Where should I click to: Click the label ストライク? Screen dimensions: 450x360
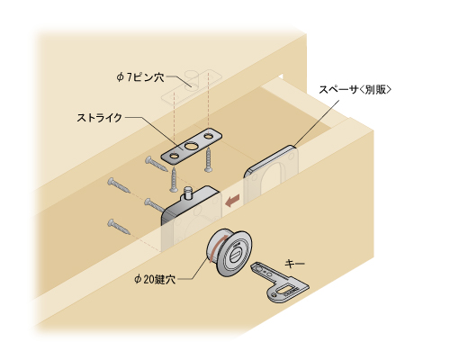(x=99, y=118)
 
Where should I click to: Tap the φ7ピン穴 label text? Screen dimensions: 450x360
(x=140, y=77)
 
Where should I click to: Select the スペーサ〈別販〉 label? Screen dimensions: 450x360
(x=355, y=89)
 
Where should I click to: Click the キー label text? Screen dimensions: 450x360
(x=294, y=264)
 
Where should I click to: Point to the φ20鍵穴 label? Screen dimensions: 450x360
(x=154, y=280)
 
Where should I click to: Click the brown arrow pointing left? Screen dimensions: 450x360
(x=233, y=201)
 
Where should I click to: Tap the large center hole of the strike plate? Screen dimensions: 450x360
(x=190, y=147)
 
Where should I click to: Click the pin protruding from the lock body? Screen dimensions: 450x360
(x=187, y=193)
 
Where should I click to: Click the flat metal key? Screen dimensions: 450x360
(x=279, y=282)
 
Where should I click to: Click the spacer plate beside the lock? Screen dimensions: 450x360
(x=272, y=173)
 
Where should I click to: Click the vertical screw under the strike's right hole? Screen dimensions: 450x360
(x=208, y=161)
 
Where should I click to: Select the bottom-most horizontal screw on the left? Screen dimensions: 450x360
(x=119, y=227)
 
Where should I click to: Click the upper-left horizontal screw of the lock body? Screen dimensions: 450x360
(x=119, y=185)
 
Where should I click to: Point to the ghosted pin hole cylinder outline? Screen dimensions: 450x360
(x=191, y=79)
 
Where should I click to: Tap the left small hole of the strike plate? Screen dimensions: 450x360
(x=174, y=157)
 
